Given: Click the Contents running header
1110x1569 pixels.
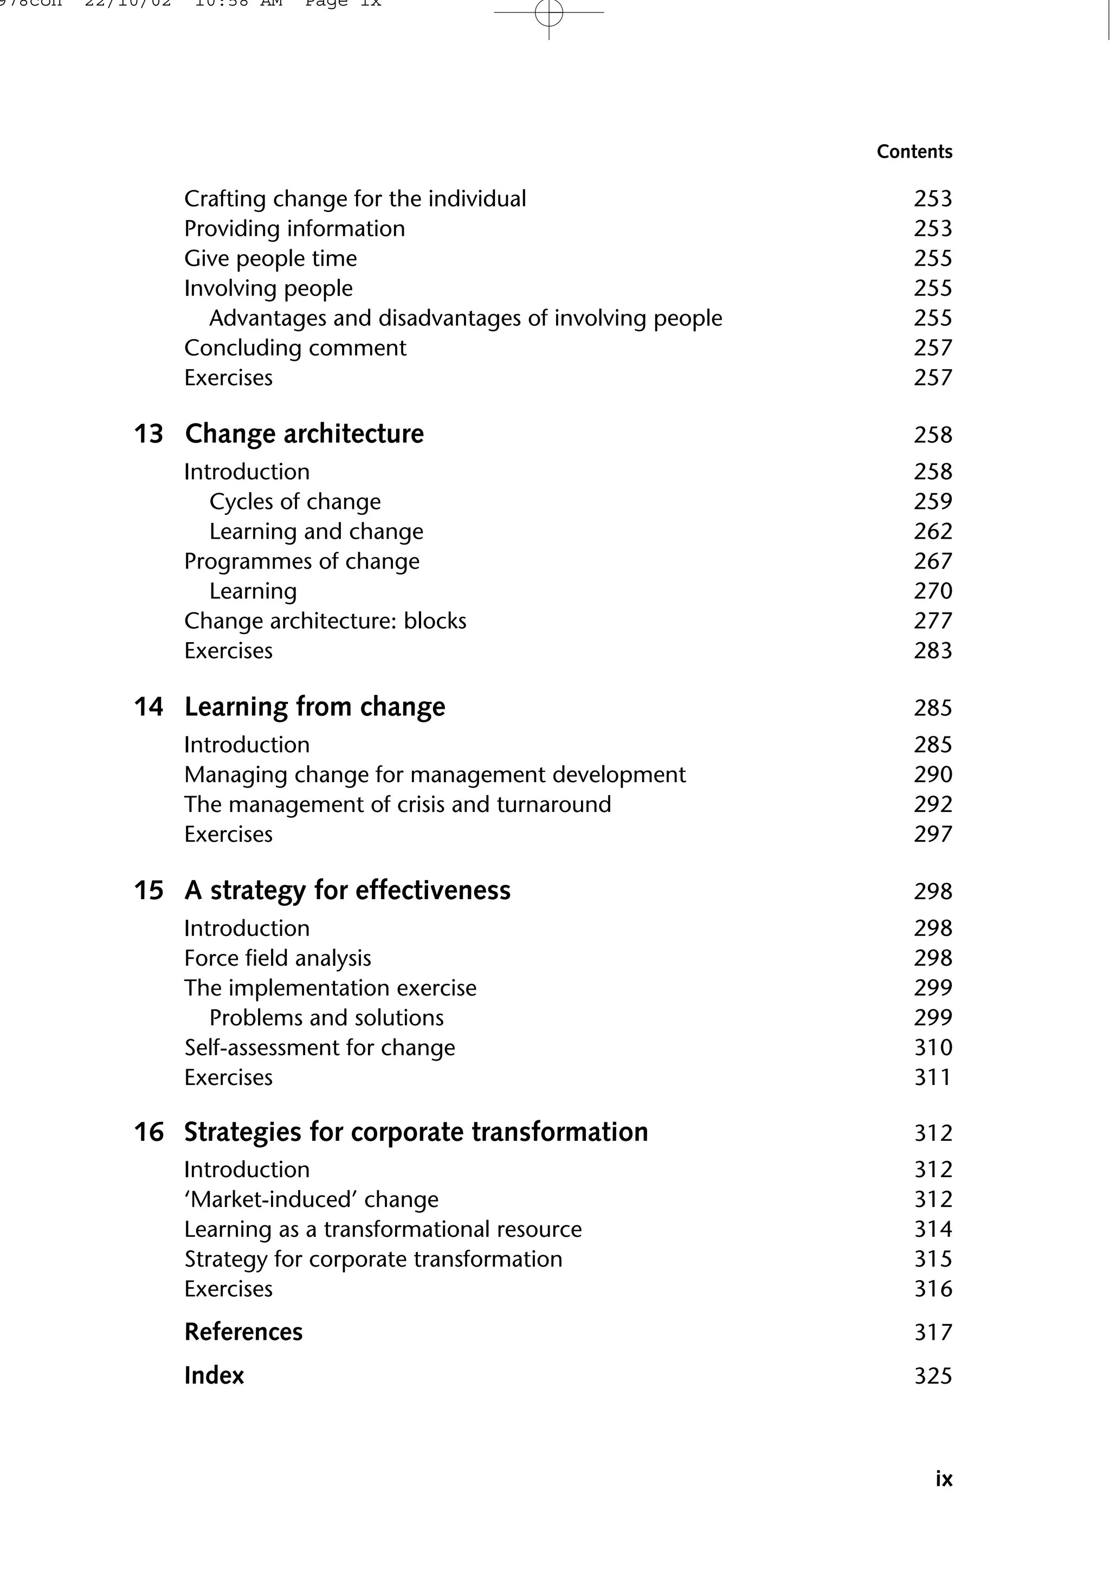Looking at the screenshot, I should pos(914,152).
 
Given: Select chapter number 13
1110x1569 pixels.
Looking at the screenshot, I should pos(149,434).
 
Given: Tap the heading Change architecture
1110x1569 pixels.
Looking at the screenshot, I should pos(304,434).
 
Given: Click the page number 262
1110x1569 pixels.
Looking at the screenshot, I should pos(932,531).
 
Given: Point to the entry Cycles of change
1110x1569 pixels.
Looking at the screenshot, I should pos(295,501).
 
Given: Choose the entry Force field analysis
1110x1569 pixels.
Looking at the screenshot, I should pos(277,958).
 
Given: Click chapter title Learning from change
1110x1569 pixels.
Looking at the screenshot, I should pos(314,707).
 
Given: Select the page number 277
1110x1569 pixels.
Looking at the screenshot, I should pos(932,621).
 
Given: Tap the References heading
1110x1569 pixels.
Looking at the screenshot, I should pos(243,1332).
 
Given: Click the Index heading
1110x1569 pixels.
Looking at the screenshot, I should pos(214,1376).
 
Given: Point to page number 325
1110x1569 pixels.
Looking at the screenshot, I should pos(933,1376).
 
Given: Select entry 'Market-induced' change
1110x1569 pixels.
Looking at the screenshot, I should pos(311,1199).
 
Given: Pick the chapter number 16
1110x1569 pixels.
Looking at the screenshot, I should pos(149,1132).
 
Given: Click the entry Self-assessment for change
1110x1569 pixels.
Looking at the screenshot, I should pos(319,1048).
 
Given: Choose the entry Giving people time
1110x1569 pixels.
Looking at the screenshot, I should pos(270,259).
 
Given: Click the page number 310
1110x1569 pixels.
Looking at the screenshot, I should pos(933,1048).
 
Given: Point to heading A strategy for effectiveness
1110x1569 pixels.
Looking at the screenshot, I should pos(347,890).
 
